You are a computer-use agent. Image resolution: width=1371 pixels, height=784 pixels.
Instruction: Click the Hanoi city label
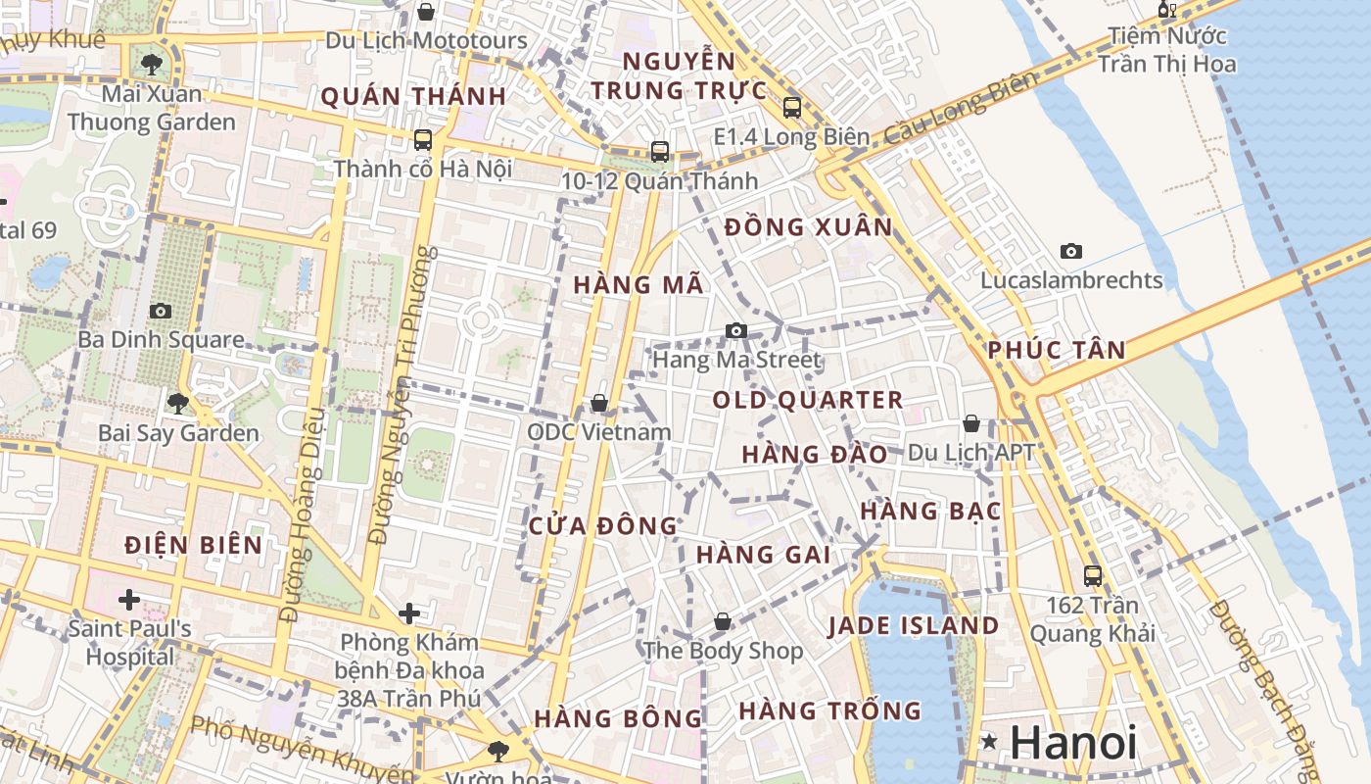tap(1073, 743)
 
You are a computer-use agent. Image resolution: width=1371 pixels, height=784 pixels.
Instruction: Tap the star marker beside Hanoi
tap(990, 742)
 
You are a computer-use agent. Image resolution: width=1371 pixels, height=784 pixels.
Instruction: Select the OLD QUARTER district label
tap(808, 400)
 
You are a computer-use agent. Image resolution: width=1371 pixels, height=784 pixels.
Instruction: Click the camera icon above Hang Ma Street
tap(736, 331)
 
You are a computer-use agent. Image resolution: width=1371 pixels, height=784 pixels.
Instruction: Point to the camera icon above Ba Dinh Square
tap(161, 311)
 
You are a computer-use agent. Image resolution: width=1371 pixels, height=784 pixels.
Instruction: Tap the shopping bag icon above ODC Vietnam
tap(599, 403)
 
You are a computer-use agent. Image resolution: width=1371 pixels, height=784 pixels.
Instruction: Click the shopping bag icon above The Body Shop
tap(723, 621)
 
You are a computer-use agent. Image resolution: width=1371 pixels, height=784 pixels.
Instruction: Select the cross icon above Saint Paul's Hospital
tap(129, 599)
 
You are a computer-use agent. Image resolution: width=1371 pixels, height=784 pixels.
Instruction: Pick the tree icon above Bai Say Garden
tap(177, 403)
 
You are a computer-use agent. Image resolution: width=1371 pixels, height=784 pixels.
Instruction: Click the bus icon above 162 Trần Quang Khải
tap(1093, 576)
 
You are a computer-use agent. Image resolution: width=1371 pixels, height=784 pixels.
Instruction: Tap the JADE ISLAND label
tap(913, 626)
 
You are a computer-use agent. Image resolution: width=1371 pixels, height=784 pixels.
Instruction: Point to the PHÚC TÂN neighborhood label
tap(1057, 350)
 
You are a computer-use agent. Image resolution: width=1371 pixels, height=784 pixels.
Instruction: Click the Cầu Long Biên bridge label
tap(959, 109)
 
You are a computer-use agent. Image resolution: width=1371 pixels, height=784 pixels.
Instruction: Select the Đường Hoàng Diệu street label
tap(304, 529)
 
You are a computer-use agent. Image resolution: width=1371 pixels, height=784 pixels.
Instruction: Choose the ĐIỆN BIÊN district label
tap(194, 546)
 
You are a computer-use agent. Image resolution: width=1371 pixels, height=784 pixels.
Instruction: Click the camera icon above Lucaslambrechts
tap(1071, 252)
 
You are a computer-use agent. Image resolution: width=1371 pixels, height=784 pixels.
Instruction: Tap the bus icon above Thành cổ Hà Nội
tap(423, 140)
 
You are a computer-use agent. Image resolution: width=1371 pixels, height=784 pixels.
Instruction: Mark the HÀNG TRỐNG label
tap(830, 710)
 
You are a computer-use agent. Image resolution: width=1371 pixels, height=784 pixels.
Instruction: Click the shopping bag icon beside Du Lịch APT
tap(971, 423)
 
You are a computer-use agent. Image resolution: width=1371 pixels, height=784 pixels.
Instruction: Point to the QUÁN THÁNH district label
tap(413, 96)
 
